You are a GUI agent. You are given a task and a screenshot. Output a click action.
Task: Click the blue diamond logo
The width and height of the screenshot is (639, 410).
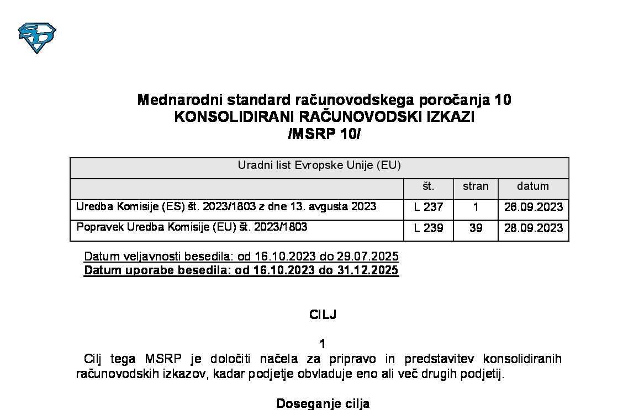point(37,38)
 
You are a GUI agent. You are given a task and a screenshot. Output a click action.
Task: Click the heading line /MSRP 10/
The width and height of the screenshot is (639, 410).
point(324,134)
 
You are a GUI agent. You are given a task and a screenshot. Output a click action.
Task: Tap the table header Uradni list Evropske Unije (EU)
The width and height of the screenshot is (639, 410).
point(319,166)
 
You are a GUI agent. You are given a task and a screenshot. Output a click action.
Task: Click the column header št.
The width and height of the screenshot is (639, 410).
point(428,187)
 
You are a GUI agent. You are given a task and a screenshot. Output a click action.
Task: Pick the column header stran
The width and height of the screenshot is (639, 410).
point(476,187)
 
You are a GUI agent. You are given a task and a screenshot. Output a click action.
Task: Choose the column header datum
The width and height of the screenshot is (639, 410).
point(533,187)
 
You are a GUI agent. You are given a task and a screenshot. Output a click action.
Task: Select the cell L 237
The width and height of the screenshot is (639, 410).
point(428,207)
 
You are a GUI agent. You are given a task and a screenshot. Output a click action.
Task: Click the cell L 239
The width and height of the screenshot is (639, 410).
point(428,228)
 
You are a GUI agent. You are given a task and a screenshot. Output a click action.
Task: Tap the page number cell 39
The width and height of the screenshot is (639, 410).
point(476,228)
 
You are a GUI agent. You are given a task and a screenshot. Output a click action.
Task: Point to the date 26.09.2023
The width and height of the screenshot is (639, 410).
point(533,207)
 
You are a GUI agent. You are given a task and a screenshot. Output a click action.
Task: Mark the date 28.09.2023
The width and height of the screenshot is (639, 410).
point(533,228)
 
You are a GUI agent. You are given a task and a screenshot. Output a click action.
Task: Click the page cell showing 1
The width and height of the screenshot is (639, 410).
point(476,207)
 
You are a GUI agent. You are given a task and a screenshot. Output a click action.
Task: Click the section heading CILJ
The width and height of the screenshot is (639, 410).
point(323,315)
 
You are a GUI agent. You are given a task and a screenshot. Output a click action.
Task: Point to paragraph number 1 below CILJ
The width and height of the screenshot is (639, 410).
point(323,344)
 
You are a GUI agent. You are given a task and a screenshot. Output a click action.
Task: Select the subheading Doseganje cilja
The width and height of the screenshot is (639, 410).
point(323,403)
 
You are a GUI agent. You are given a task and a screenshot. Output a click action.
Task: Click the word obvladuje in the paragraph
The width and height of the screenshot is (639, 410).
point(316,374)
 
